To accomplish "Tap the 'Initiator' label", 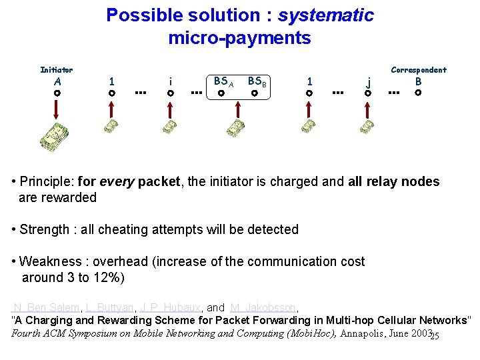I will (57, 69).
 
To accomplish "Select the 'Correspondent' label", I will (419, 69).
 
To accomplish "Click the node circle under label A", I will (58, 94).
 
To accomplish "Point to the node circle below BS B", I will (254, 94).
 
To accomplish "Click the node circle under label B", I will (418, 93).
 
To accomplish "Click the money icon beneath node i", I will (171, 125).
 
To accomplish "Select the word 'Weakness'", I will (49, 261).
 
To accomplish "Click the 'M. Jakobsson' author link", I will (263, 307).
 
